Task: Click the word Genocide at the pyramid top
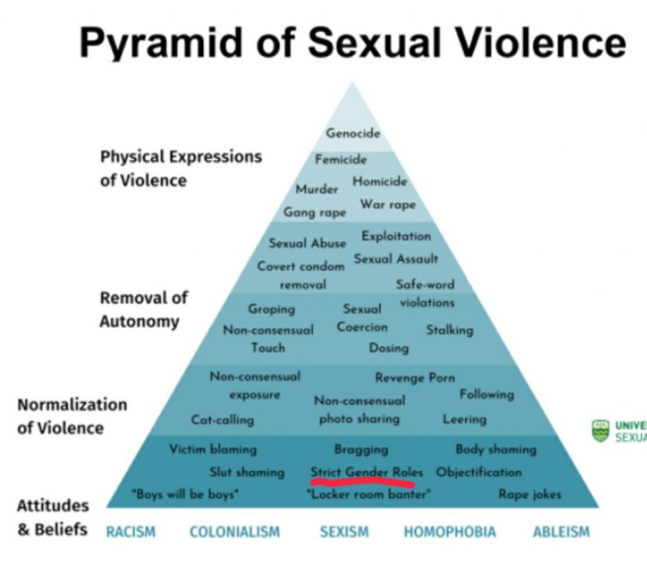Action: pyautogui.click(x=353, y=134)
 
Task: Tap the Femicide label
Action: pyautogui.click(x=341, y=160)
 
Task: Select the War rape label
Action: pyautogui.click(x=387, y=205)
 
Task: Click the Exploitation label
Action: pyautogui.click(x=396, y=236)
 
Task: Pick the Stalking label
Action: pyautogui.click(x=449, y=330)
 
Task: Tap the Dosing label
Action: pyautogui.click(x=388, y=348)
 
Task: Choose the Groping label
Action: pyautogui.click(x=271, y=309)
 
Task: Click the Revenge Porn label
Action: pyautogui.click(x=414, y=378)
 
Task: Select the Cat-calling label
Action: pyautogui.click(x=223, y=420)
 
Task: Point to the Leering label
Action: pyautogui.click(x=464, y=420)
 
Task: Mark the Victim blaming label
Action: pyautogui.click(x=213, y=450)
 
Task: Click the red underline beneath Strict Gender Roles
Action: pyautogui.click(x=366, y=482)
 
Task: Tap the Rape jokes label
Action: pyautogui.click(x=530, y=494)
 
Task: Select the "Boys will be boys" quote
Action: pyautogui.click(x=185, y=495)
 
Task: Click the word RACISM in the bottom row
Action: pyautogui.click(x=131, y=533)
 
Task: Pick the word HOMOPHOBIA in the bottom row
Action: pyautogui.click(x=449, y=533)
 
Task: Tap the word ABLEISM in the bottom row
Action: pyautogui.click(x=561, y=533)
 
